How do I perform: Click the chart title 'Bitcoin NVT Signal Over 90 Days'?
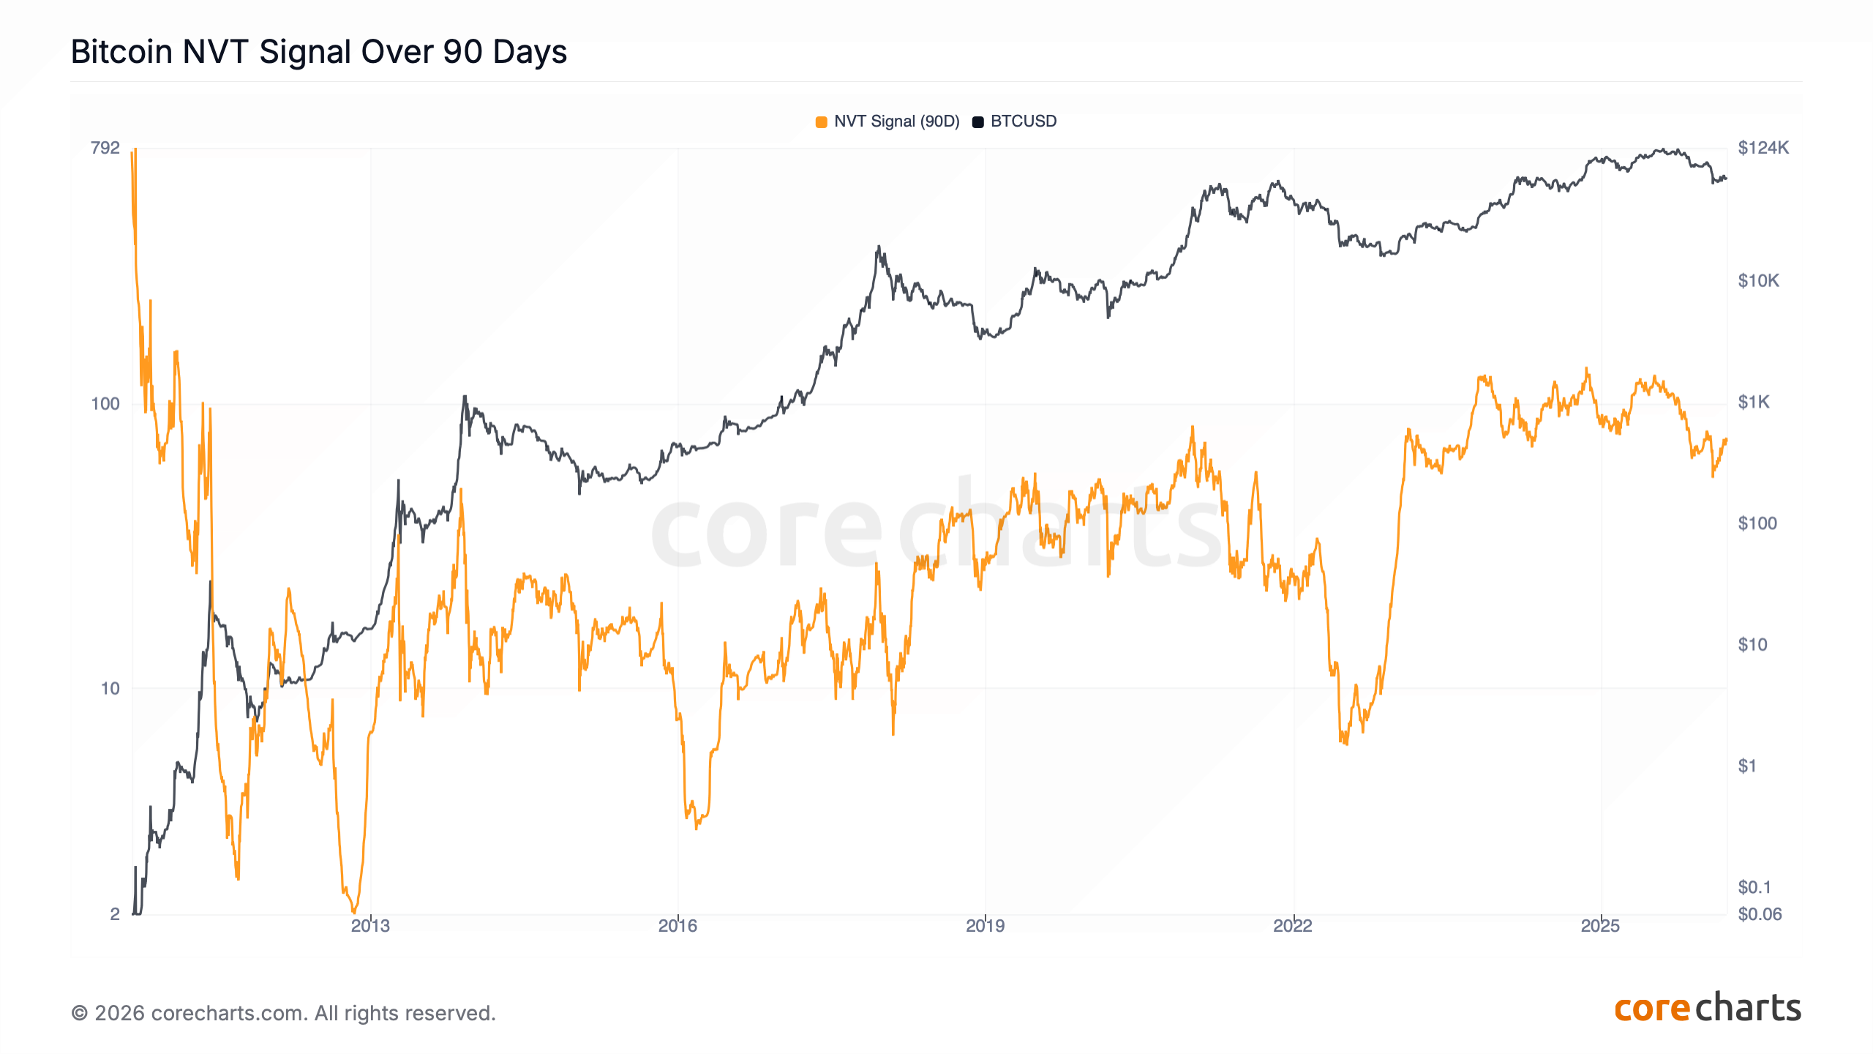[318, 52]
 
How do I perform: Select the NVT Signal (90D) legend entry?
[887, 122]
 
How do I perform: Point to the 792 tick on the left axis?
[105, 148]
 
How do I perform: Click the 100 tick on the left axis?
[105, 404]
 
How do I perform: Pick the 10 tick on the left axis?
[110, 689]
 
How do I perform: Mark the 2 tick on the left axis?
[115, 913]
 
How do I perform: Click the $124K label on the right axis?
[1763, 148]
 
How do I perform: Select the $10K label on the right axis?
[1758, 281]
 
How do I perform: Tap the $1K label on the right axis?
[1754, 402]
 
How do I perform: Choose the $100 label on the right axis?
[1757, 523]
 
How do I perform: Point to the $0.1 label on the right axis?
[1754, 887]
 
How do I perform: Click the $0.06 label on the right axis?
[1760, 914]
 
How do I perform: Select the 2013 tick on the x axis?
[370, 926]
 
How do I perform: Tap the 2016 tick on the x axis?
[677, 926]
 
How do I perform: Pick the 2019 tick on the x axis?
[985, 926]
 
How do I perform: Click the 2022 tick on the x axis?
[1293, 926]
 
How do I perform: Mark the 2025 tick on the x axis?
[1600, 926]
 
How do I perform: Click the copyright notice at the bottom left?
[283, 1013]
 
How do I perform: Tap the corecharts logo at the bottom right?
[1707, 1009]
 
